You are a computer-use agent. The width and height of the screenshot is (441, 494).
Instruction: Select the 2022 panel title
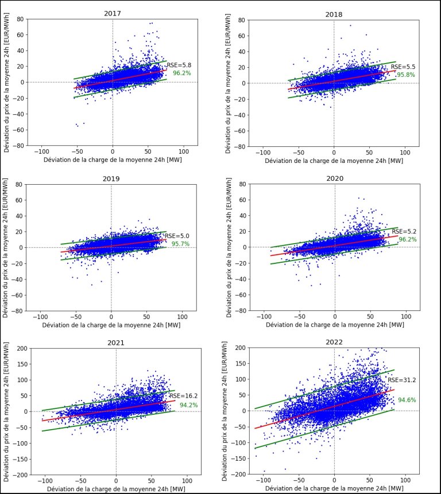335,343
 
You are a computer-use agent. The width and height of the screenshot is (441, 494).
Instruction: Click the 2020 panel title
335,178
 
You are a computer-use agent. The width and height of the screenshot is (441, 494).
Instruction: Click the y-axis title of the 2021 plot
6,411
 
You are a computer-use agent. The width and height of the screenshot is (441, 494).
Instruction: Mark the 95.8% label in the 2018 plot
405,75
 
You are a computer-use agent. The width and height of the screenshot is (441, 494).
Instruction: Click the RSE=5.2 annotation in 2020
404,231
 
